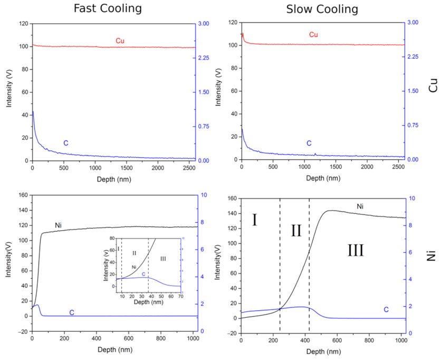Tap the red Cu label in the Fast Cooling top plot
point(120,41)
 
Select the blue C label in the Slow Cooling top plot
point(309,143)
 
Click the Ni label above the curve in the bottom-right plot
point(360,206)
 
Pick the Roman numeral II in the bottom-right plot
point(296,231)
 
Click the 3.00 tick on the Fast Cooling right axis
point(205,24)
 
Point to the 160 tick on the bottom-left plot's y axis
point(23,195)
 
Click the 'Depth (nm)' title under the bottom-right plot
point(322,351)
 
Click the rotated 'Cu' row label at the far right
point(433,86)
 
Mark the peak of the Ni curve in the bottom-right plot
point(330,211)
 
